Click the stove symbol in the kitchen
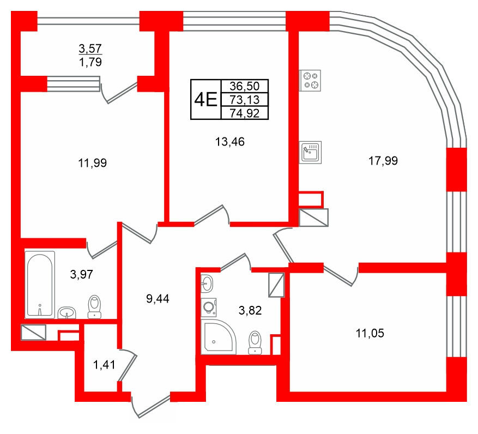312,80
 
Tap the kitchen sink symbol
312,152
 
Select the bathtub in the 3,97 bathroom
40,284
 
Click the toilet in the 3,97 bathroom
95,306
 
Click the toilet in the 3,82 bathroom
255,342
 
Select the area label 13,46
230,142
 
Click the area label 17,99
383,161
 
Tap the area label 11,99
92,162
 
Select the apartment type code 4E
205,100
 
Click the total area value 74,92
245,113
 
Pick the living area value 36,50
245,86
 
